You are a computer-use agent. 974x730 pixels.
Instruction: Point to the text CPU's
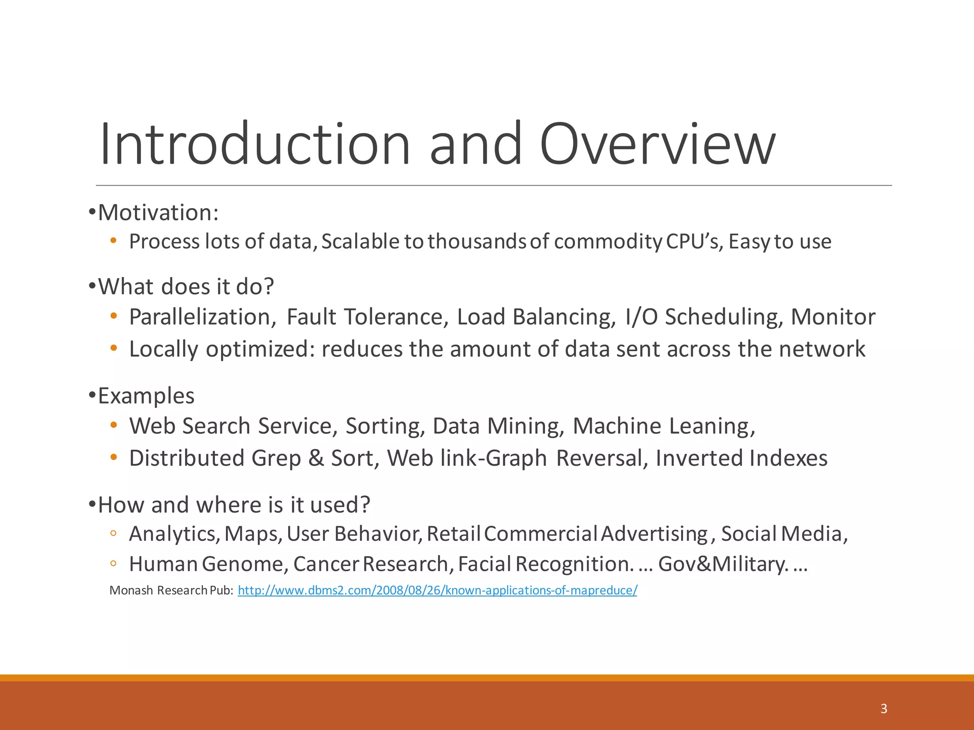(693, 241)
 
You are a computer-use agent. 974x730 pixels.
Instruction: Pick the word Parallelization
(202, 317)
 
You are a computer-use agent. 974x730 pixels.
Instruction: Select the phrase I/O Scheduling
(703, 317)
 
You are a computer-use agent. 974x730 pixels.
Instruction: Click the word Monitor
(833, 317)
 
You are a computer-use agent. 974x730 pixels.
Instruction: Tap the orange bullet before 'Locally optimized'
(113, 348)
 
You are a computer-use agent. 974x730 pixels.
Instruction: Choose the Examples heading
(146, 396)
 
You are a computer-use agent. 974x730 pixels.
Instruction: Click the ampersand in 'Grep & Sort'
(316, 459)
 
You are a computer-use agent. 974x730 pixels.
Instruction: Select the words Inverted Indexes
(741, 459)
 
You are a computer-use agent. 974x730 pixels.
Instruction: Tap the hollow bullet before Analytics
(113, 534)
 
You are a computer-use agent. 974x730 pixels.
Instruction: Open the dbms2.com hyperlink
(437, 590)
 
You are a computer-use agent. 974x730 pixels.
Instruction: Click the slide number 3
(884, 709)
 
